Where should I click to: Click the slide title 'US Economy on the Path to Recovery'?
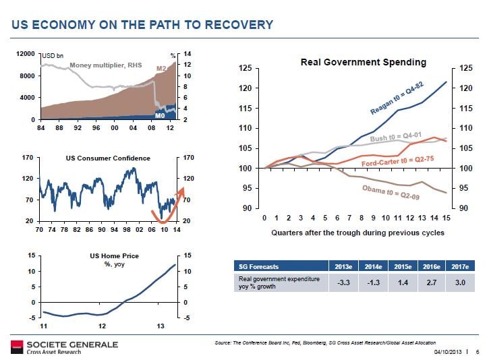142,25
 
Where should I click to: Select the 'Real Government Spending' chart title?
363,62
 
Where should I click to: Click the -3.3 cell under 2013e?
343,281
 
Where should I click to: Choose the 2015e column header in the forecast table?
402,267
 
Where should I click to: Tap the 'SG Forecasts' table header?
256,267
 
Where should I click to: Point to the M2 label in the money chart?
161,69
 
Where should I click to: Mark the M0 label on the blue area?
161,115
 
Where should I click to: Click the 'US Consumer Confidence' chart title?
108,158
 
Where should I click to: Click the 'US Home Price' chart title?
108,257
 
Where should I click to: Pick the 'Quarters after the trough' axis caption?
357,233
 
